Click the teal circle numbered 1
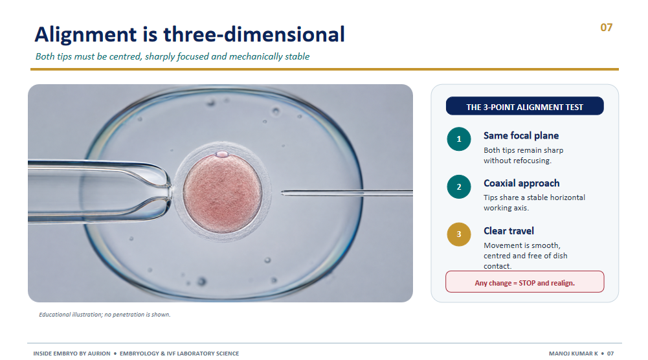point(459,139)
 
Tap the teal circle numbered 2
point(459,187)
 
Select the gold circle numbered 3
point(459,234)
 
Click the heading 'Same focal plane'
point(520,135)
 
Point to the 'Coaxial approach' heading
point(522,183)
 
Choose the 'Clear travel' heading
point(509,231)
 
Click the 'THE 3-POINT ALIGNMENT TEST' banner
point(524,106)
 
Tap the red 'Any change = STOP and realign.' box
point(524,282)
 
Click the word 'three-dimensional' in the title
point(254,34)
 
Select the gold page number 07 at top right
point(607,27)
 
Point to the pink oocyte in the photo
point(222,194)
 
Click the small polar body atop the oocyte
point(222,154)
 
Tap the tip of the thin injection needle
point(282,192)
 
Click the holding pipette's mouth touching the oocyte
point(170,192)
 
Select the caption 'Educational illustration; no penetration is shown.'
point(105,315)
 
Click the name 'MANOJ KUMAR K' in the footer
point(573,354)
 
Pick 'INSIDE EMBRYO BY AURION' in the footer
point(72,354)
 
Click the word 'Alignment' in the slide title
point(86,35)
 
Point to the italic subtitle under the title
point(172,56)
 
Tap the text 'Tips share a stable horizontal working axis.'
point(534,203)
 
